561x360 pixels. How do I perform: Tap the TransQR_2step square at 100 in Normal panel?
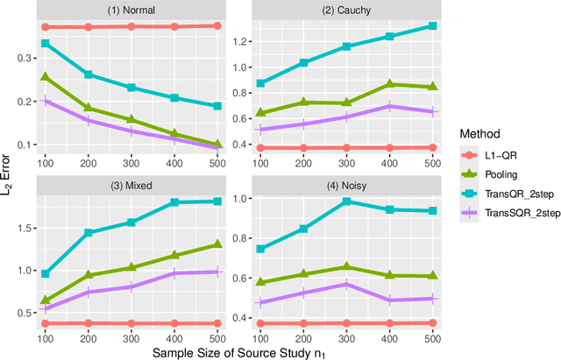pos(46,43)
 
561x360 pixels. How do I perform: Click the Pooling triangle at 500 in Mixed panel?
pos(217,244)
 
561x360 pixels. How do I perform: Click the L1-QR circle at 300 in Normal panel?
pos(131,26)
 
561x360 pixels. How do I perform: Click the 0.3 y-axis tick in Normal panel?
pos(28,58)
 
